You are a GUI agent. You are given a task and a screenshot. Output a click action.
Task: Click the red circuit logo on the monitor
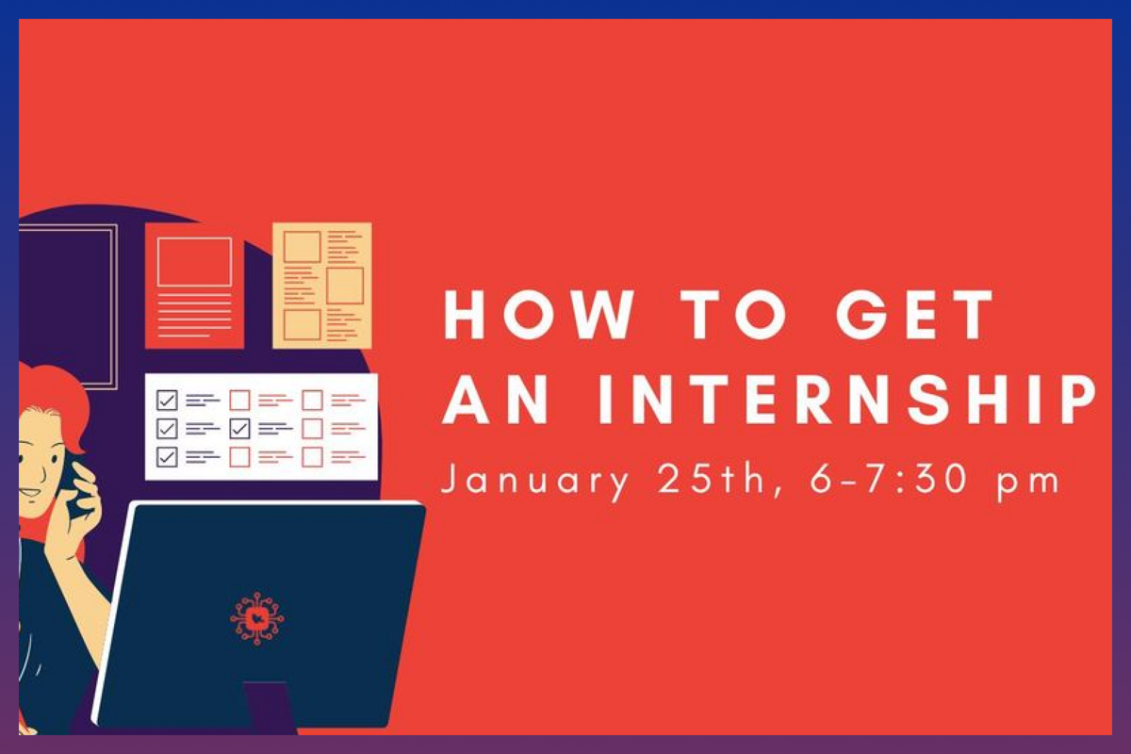(256, 618)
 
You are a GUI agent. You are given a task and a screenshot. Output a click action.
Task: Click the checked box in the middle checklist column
(240, 429)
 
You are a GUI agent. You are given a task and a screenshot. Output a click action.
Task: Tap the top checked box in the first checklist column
(168, 401)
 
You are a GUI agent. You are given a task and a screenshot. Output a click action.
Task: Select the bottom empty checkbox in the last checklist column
(312, 456)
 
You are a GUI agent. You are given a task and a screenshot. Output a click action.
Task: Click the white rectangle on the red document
(194, 261)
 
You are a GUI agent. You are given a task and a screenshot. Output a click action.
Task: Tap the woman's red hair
(57, 396)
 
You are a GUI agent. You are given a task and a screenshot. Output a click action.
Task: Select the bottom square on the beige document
(302, 324)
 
